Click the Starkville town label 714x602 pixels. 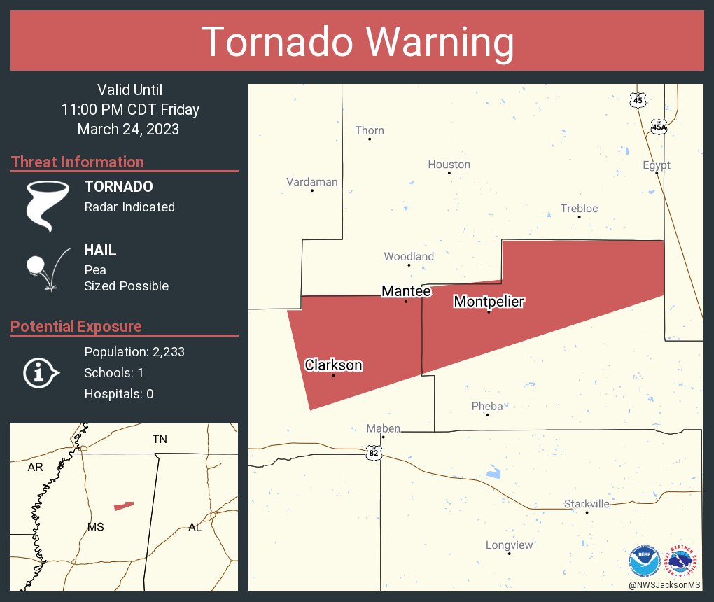[587, 504]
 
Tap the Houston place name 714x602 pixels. [449, 164]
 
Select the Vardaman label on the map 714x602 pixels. [312, 182]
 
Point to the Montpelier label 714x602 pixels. [489, 302]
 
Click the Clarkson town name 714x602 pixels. [333, 365]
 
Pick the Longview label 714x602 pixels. [510, 545]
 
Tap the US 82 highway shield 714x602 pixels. [374, 454]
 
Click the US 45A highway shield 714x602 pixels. [659, 127]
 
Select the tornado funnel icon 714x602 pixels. [47, 205]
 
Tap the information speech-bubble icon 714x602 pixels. [41, 372]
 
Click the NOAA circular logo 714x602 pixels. [644, 561]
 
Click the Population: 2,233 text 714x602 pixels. [134, 352]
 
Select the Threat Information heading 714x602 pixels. [78, 162]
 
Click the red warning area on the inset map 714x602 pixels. [124, 505]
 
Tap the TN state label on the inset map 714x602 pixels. [160, 439]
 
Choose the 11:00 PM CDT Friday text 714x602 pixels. [130, 110]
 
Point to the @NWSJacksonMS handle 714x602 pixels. [664, 584]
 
